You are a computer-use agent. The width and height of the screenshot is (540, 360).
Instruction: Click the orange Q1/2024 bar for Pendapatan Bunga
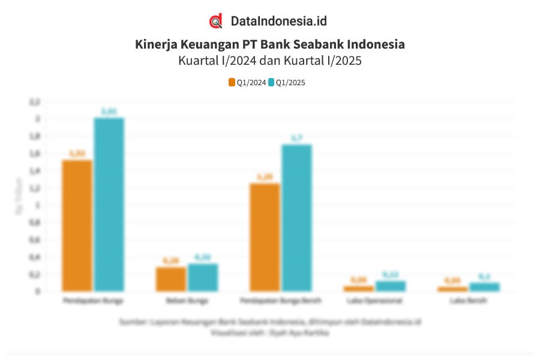click(77, 226)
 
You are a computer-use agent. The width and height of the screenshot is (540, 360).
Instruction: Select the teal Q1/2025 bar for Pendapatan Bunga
click(109, 205)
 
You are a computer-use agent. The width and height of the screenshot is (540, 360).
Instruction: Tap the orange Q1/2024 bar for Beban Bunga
click(171, 279)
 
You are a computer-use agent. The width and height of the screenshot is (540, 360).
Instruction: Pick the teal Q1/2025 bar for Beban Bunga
click(202, 277)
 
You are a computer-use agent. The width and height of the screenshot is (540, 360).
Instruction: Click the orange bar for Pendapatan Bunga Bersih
click(265, 237)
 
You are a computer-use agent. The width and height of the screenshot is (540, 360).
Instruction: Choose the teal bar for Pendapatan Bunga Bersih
click(296, 218)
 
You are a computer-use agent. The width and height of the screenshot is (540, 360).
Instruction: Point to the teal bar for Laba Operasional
click(391, 286)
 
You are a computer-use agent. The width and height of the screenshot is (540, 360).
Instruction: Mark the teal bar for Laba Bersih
click(484, 287)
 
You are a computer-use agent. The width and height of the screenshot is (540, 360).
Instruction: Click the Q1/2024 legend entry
click(247, 83)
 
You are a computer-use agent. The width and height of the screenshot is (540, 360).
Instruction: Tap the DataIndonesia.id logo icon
click(216, 21)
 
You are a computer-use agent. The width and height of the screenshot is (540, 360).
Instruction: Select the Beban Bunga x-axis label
click(187, 299)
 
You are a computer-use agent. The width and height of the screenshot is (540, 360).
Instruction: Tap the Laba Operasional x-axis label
click(375, 299)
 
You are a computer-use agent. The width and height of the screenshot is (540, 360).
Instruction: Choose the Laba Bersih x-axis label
click(469, 299)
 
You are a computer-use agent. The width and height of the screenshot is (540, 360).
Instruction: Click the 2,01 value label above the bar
click(109, 111)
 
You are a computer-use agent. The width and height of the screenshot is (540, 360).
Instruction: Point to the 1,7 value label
click(296, 138)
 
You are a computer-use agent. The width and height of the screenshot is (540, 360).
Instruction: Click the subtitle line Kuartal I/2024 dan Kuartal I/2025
click(270, 61)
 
